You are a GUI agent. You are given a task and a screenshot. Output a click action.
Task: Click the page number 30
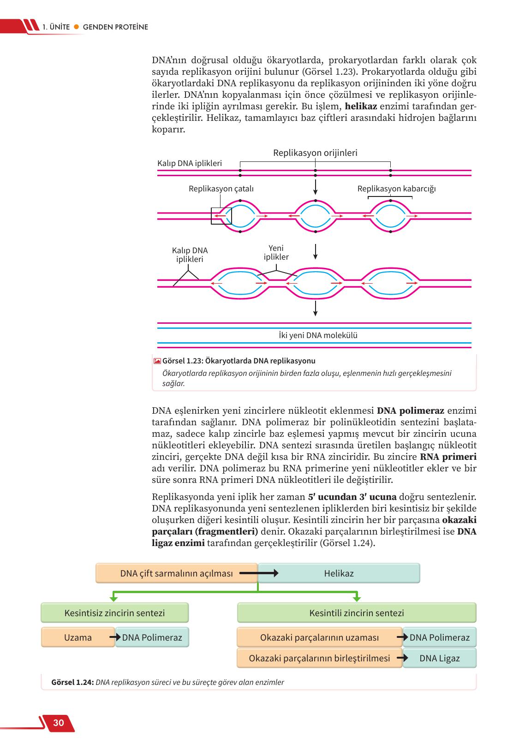pos(59,723)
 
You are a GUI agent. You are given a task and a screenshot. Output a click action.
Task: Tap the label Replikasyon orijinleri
pos(315,153)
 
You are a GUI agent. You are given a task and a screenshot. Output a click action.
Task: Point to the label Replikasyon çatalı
pos(221,189)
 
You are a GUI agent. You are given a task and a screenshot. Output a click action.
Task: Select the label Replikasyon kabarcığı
pos(396,189)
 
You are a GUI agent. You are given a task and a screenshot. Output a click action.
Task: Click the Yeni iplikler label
pos(276,252)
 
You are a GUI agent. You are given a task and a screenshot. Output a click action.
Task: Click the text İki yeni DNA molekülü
pos(315,335)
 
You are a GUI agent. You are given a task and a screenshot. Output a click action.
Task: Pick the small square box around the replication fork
pos(221,216)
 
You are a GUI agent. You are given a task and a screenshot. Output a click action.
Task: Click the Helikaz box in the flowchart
pos(339,573)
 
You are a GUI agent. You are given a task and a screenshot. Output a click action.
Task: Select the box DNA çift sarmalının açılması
pos(177,573)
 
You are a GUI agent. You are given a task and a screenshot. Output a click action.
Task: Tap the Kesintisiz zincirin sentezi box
pos(114,613)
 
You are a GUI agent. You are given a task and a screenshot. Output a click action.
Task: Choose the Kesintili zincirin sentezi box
pos(357,613)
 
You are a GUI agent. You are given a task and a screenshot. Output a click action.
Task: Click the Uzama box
pos(78,637)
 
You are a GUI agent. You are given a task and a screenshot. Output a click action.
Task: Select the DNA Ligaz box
pos(439,658)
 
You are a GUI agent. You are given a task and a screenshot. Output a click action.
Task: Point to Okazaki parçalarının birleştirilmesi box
pos(319,658)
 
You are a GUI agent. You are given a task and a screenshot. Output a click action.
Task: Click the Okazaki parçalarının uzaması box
pos(319,637)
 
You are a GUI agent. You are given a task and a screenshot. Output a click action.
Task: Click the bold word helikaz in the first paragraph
pos(361,107)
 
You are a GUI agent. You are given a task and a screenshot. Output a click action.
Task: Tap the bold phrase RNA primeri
pos(448,457)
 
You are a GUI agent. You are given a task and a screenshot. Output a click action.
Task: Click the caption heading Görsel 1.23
pos(182,361)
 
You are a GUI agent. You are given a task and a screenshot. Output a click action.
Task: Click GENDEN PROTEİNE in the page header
pos(115,27)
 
